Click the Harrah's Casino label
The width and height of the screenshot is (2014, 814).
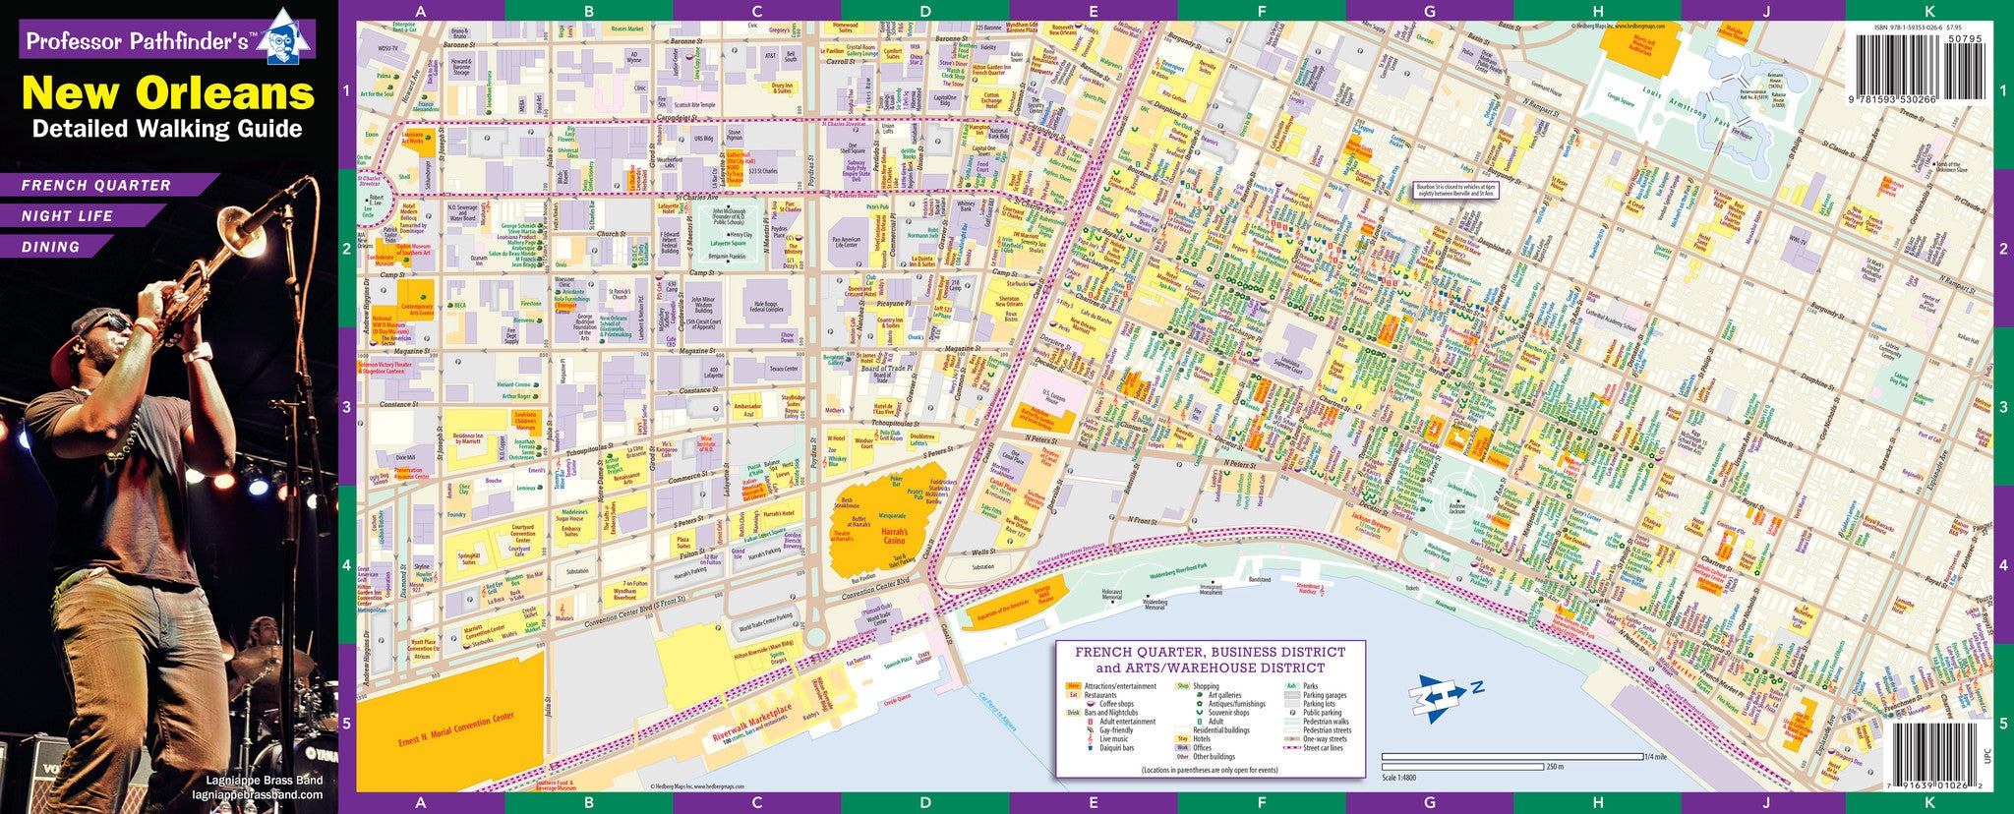tap(894, 536)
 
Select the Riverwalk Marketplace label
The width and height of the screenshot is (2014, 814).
tap(752, 725)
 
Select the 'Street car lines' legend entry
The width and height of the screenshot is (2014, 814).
tap(1323, 748)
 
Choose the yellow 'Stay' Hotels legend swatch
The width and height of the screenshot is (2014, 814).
tap(1182, 739)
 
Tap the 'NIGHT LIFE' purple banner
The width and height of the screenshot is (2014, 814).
tap(69, 216)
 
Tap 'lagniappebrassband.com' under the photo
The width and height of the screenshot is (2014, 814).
tap(258, 794)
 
